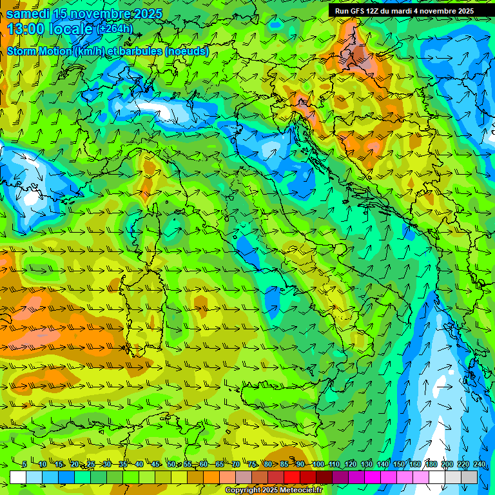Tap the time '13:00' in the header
(24, 28)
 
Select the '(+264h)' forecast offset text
(114, 28)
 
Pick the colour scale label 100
(318, 465)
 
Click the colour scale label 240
(479, 465)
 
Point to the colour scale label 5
(24, 465)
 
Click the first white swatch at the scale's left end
(18, 477)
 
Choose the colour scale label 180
(431, 465)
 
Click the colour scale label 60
(204, 465)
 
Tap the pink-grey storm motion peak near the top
(365, 64)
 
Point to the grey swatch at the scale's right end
(471, 477)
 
